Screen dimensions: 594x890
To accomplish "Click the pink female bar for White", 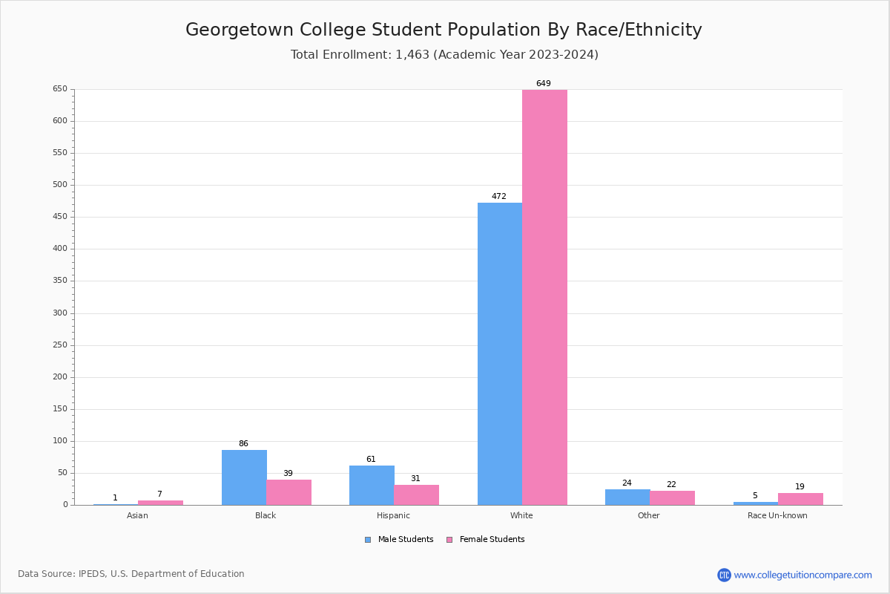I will (544, 297).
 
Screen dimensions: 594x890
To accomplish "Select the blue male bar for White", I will (500, 353).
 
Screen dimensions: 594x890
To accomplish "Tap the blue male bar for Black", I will (244, 477).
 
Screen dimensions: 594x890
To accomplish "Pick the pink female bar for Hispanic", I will (416, 495).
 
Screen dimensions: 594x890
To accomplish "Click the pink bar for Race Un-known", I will (800, 499).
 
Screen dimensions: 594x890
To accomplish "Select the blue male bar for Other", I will (627, 497).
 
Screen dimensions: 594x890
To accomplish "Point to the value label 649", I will (544, 84).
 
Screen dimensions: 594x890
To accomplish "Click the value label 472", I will (499, 197).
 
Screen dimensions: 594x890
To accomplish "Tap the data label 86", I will (243, 444).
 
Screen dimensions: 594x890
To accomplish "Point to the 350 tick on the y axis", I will (59, 281).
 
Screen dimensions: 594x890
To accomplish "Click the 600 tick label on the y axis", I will (59, 121).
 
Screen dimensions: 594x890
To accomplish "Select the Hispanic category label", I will (393, 515).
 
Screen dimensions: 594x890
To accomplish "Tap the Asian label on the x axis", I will (137, 515).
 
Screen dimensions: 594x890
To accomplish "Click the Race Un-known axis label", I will (777, 515).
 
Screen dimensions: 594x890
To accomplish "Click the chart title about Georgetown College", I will (444, 30).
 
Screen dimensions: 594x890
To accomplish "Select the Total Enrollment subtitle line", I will (444, 54).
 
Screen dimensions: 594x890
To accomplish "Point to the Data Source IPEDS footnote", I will (131, 574).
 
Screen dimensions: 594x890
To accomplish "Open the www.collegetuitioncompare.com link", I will (802, 575).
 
